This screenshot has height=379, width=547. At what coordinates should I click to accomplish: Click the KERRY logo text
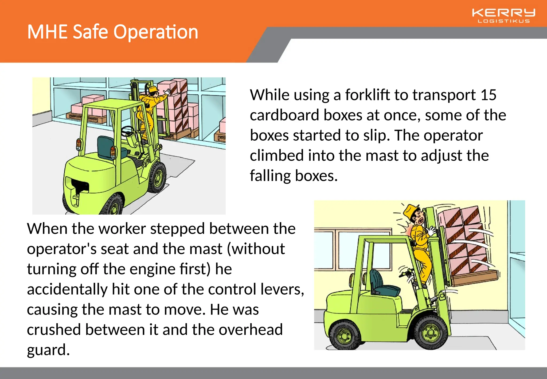(x=503, y=13)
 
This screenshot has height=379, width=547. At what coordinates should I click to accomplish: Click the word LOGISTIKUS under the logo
(x=503, y=21)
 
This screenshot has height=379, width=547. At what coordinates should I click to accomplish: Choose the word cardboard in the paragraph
(x=284, y=115)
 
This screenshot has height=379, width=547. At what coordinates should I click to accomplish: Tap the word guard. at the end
(x=48, y=350)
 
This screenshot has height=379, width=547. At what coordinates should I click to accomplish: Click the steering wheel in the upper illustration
(x=128, y=131)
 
